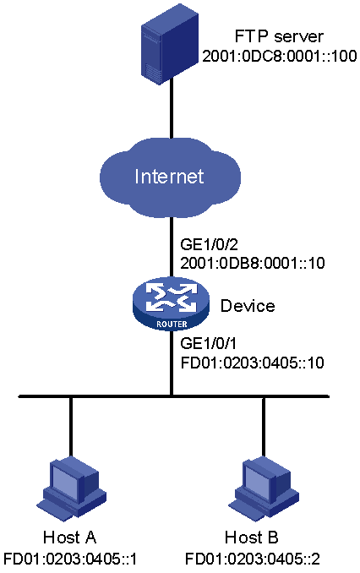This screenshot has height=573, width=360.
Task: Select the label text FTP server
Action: click(279, 36)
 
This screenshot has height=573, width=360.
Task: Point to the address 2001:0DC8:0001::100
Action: click(279, 56)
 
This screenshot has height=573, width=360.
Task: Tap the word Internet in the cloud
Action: click(169, 176)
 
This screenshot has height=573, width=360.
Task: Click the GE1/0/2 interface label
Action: click(210, 243)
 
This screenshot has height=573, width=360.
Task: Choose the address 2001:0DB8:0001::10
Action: click(253, 263)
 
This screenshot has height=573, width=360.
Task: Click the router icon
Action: click(171, 305)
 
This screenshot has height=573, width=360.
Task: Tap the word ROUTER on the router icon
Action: click(172, 324)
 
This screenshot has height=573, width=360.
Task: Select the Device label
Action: click(248, 305)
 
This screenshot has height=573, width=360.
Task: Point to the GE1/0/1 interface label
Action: click(209, 343)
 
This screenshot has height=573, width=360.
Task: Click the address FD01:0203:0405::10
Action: click(253, 363)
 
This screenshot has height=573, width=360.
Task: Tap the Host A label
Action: click(69, 538)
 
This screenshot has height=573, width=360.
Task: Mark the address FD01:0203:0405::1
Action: click(70, 559)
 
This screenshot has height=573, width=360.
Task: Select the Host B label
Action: click(252, 538)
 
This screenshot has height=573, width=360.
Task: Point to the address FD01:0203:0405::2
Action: click(253, 559)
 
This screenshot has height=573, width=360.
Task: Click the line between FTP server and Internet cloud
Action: click(171, 111)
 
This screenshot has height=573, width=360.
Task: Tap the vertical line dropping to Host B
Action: click(263, 427)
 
